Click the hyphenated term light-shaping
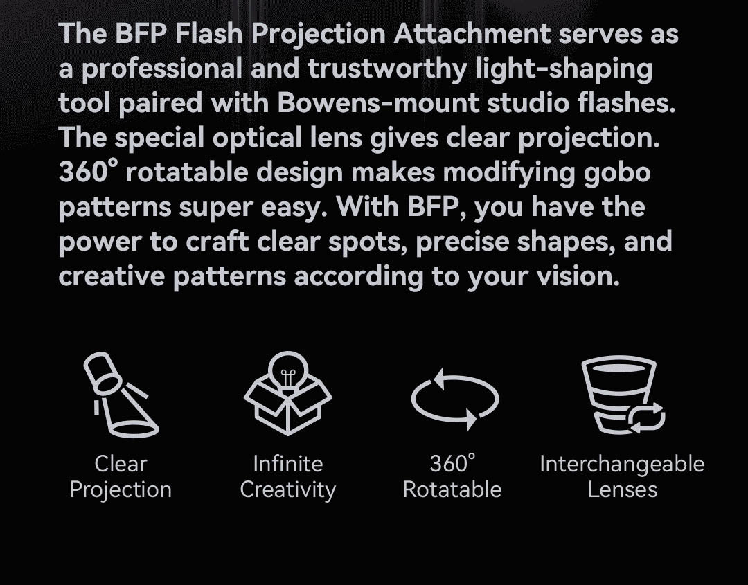568,69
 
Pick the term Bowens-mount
378,103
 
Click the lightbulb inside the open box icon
287,374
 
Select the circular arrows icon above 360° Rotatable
454,400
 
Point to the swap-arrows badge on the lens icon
645,417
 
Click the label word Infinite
287,463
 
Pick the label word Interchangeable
622,463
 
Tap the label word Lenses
622,489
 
